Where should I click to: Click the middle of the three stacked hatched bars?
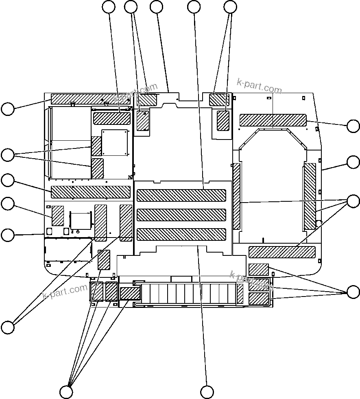(x=181, y=215)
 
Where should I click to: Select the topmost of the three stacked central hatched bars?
(x=181, y=195)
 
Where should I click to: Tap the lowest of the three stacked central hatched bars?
(x=181, y=234)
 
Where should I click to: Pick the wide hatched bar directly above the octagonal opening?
(x=273, y=120)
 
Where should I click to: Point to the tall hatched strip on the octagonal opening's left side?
(x=237, y=196)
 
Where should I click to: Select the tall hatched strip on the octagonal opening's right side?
(x=310, y=196)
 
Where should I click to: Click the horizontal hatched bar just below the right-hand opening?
(x=282, y=252)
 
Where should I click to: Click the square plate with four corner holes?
(x=115, y=142)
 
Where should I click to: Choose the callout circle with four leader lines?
(x=66, y=392)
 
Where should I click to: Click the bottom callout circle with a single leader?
(x=207, y=392)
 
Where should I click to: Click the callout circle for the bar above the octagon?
(x=353, y=126)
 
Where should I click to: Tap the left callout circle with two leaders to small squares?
(x=8, y=155)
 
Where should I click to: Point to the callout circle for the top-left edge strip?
(x=8, y=109)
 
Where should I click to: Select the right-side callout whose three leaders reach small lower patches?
(x=353, y=292)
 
